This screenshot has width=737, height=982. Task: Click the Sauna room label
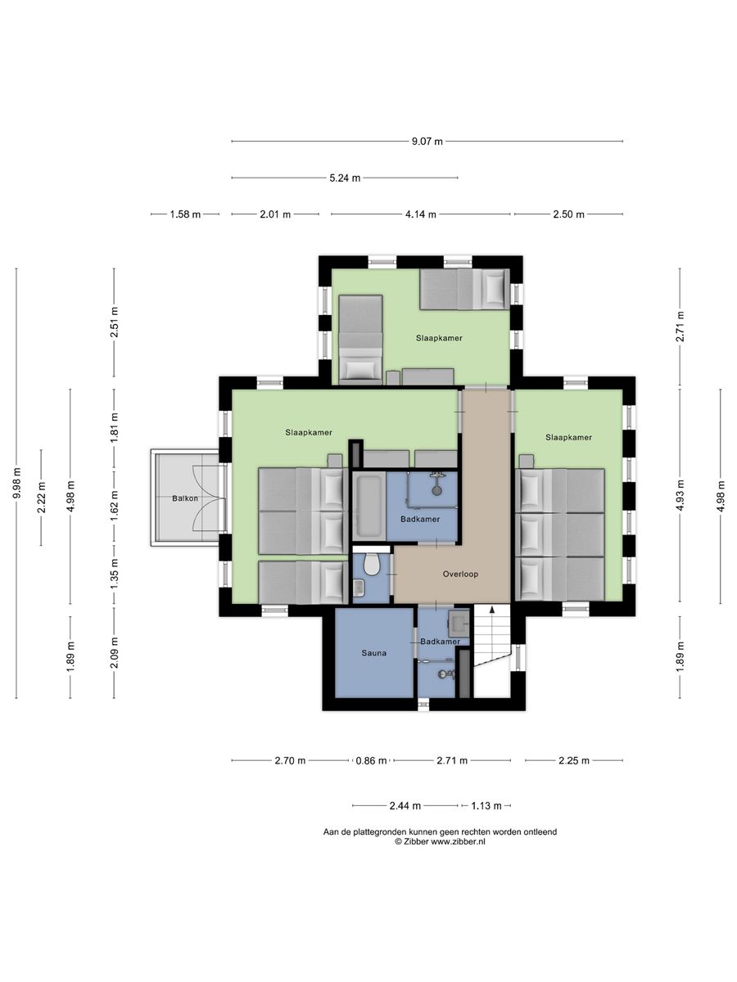(373, 653)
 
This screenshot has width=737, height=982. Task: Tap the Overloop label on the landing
(460, 574)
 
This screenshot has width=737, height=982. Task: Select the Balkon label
(185, 498)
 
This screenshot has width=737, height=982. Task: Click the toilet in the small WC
(370, 565)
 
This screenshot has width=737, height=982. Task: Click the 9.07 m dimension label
(427, 142)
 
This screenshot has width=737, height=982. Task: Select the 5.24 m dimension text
(345, 178)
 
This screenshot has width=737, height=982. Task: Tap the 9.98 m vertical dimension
(16, 483)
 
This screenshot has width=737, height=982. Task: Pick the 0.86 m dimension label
(371, 760)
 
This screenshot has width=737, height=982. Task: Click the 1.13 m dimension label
(486, 806)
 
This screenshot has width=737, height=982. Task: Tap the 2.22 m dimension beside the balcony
(41, 498)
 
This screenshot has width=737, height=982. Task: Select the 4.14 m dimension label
(421, 214)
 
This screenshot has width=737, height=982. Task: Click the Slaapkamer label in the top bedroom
(439, 338)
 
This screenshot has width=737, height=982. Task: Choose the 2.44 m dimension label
(405, 806)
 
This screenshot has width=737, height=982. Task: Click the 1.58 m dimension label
(185, 214)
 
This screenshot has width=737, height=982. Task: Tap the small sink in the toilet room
(359, 588)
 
